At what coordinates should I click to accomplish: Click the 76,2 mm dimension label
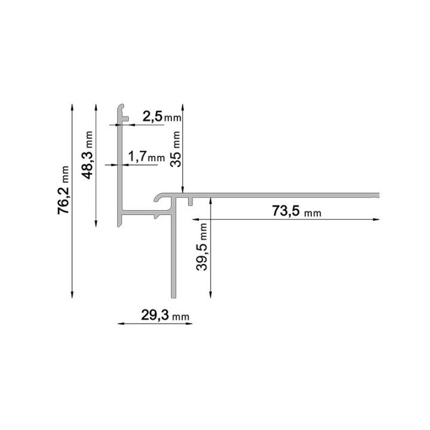[x=63, y=190]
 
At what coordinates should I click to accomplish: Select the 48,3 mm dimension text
[x=87, y=155]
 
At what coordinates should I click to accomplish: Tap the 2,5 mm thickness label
[x=162, y=117]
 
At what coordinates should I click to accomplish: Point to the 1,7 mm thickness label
[x=146, y=156]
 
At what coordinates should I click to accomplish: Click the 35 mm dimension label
[x=175, y=149]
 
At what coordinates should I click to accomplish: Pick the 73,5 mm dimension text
[x=296, y=211]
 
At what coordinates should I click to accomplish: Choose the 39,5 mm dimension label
[x=202, y=247]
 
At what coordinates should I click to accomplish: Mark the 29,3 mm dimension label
[x=165, y=315]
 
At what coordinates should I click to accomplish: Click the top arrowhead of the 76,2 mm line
[x=72, y=107]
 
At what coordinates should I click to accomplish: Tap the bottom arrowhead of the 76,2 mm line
[x=72, y=294]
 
